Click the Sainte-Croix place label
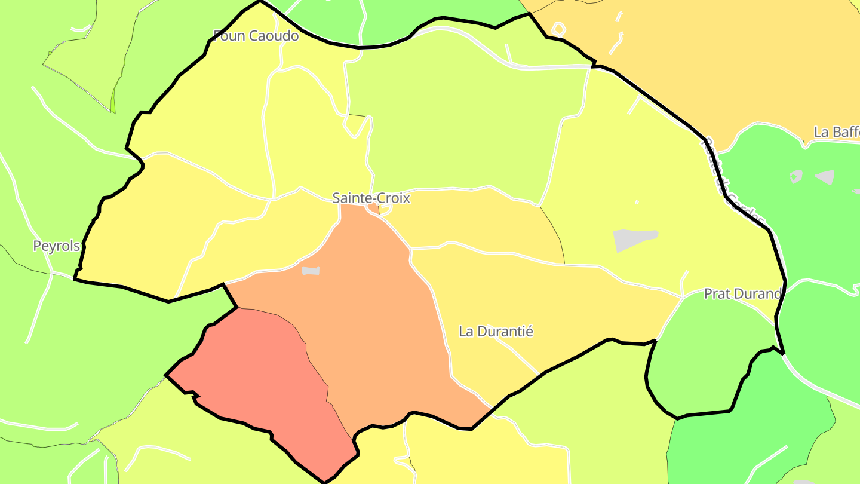pos(371,198)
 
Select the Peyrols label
pos(56,246)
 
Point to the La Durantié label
pos(496,331)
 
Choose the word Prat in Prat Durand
pos(717,293)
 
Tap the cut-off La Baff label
pos(836,132)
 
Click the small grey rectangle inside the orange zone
pos(311,271)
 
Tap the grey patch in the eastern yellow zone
pos(633,238)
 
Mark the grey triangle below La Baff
pos(825,177)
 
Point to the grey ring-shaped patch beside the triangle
pos(796,176)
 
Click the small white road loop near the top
pos(558,28)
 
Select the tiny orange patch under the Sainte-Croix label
pos(375,209)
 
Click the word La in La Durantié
pos(466,331)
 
